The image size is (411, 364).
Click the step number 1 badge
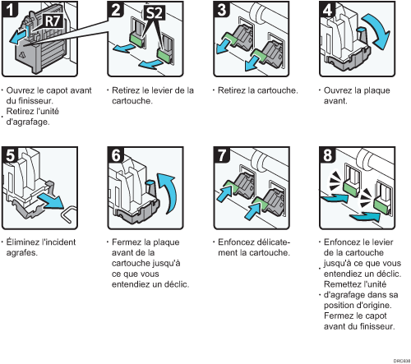pyautogui.click(x=9, y=9)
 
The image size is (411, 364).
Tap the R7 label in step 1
pyautogui.click(x=53, y=21)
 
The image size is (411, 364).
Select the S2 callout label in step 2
pyautogui.click(x=155, y=12)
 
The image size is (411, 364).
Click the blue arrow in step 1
pyautogui.click(x=19, y=37)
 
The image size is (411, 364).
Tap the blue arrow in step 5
pyautogui.click(x=51, y=201)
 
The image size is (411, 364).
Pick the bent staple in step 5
pyautogui.click(x=68, y=214)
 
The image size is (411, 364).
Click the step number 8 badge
pyautogui.click(x=327, y=154)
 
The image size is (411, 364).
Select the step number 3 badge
pyautogui.click(x=221, y=9)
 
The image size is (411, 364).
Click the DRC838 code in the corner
pyautogui.click(x=402, y=361)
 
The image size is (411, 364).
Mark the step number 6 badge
pyautogui.click(x=116, y=154)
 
